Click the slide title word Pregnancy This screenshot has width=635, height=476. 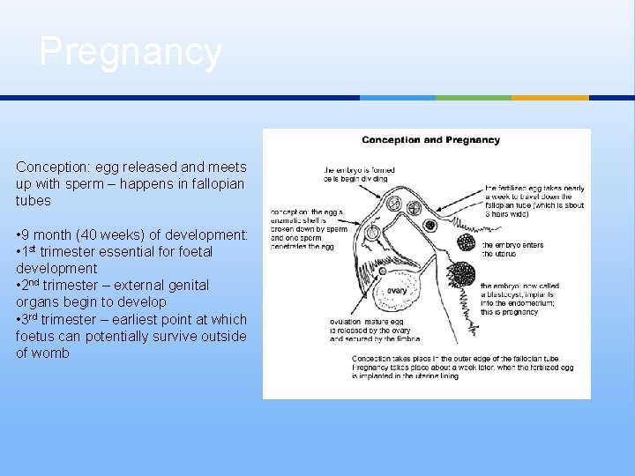(131, 51)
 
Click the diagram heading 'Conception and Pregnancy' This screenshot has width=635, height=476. (430, 140)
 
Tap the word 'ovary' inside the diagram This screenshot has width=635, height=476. (397, 290)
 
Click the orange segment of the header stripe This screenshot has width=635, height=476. (562, 98)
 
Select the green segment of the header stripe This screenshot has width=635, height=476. (473, 98)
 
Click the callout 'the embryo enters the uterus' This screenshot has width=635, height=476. (512, 249)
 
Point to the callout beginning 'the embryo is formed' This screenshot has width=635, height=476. (355, 174)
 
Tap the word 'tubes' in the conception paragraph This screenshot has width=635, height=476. (34, 201)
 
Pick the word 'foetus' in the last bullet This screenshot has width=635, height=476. (34, 336)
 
